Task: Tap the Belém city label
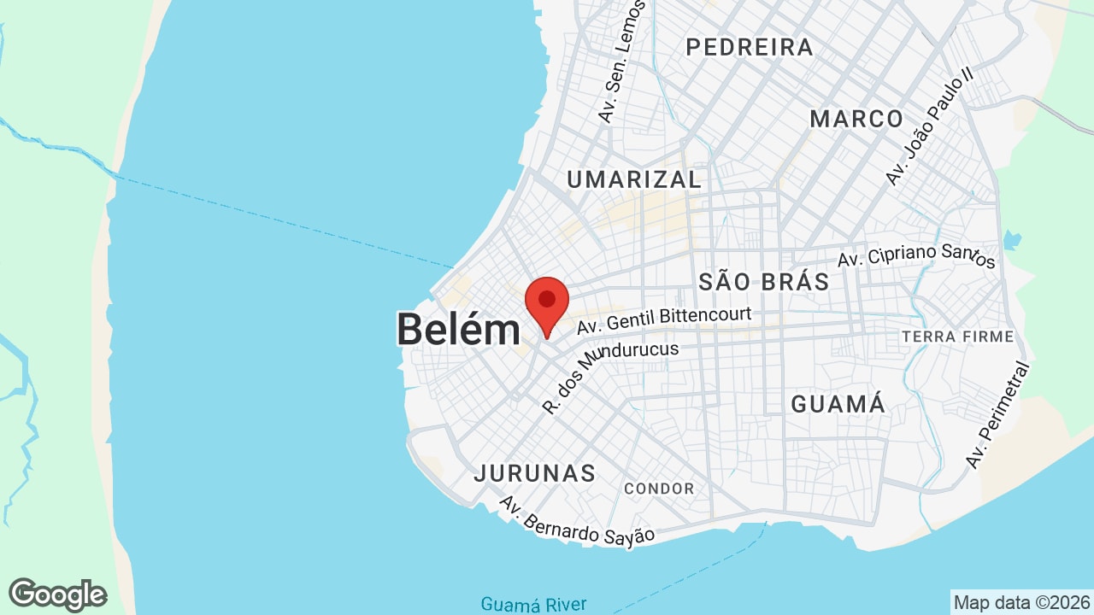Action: [x=458, y=330]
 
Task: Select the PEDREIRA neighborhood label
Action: [x=750, y=48]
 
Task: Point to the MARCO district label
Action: [x=856, y=119]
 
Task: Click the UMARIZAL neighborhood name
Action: [x=634, y=179]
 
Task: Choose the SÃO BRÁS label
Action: [x=764, y=282]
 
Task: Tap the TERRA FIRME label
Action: [x=957, y=337]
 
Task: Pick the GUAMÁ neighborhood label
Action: [x=838, y=404]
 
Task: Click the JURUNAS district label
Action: [x=535, y=473]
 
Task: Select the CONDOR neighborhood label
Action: [x=659, y=489]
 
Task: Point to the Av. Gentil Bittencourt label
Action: [x=664, y=321]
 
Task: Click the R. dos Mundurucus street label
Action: [x=610, y=376]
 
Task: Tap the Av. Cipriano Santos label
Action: [x=916, y=255]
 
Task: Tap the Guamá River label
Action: [x=533, y=605]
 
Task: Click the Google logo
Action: [x=57, y=594]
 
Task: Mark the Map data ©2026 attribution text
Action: [x=1021, y=602]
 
